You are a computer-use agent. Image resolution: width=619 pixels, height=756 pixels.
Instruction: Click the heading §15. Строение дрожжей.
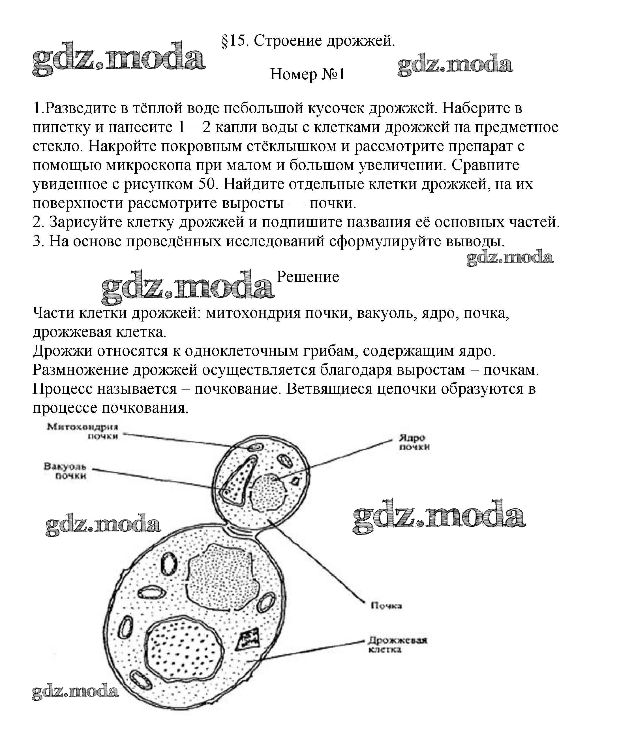[x=308, y=41]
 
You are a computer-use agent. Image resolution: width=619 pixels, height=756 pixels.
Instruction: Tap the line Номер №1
[x=308, y=74]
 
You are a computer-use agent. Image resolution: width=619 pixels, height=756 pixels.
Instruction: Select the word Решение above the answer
[x=308, y=276]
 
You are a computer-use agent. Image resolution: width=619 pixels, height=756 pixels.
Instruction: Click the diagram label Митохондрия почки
[x=83, y=431]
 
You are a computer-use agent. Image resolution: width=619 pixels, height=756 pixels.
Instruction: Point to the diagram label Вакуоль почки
[x=65, y=470]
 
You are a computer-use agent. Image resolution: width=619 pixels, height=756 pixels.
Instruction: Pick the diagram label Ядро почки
[x=414, y=442]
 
